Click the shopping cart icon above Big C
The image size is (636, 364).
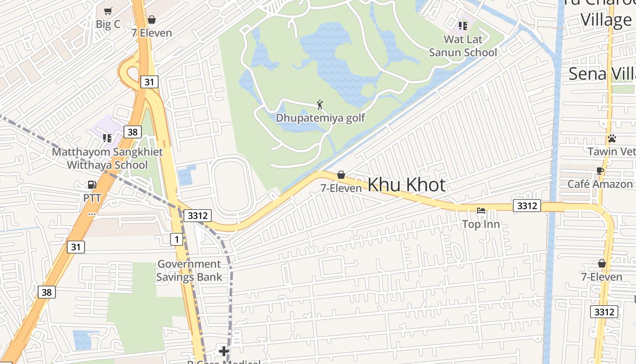point(108,11)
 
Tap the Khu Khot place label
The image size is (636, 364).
point(406,185)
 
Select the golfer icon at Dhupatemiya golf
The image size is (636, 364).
point(320,105)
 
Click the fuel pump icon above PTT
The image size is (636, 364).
point(92,185)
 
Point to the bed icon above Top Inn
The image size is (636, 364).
point(481,211)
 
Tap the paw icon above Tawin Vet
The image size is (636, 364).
point(612,138)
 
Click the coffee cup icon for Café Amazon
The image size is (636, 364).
point(600,171)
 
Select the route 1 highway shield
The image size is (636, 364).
point(177,238)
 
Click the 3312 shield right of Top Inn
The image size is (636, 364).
point(527,206)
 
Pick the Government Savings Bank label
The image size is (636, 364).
point(189,270)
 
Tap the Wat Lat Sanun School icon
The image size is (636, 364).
point(463,26)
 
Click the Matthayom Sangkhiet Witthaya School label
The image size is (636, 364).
point(107,158)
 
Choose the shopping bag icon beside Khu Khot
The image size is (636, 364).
point(341,175)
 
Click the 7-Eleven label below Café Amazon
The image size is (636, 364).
point(601,277)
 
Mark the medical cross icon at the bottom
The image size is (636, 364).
point(224,351)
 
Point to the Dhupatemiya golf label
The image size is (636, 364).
point(320,118)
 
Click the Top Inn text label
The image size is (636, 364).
point(481,224)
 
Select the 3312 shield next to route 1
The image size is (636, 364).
point(198,215)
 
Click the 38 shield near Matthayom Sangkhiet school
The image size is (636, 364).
point(132,132)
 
